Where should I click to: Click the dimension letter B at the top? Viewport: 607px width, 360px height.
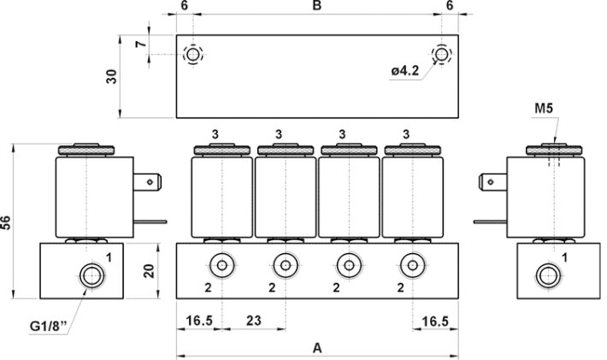[317, 6]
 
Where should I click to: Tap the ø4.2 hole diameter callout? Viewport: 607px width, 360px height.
[405, 71]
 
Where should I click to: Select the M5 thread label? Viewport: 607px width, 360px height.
[544, 109]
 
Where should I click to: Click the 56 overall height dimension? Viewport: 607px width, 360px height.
[7, 223]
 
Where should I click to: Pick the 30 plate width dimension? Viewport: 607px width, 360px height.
[112, 77]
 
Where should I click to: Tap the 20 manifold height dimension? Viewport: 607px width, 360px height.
[149, 271]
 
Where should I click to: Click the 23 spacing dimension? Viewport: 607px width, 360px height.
[254, 321]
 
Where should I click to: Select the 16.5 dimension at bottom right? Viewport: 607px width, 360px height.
[435, 321]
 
